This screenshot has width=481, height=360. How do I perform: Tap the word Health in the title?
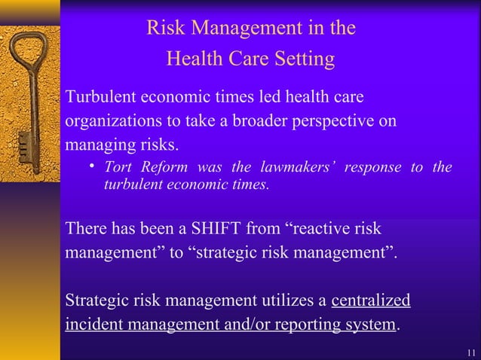(x=191, y=59)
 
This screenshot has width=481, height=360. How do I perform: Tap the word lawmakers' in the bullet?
(x=297, y=167)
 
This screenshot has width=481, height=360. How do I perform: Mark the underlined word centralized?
(x=371, y=301)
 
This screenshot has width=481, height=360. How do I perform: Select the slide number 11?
(x=470, y=352)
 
